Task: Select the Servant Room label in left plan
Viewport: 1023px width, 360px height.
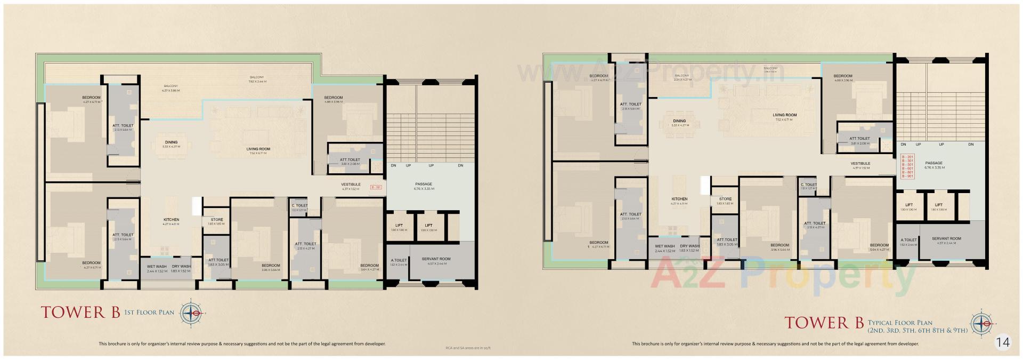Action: tap(436, 259)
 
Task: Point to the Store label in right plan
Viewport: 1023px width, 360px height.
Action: tap(725, 199)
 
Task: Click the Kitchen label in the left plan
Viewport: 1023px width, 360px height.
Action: tap(171, 220)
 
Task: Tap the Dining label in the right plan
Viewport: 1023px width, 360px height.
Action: tap(679, 121)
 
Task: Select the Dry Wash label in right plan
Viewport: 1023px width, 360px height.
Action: tap(689, 246)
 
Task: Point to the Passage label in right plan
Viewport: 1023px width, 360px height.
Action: tap(933, 163)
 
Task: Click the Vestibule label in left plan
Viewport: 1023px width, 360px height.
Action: tap(351, 184)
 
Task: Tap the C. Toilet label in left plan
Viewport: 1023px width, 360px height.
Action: tap(299, 205)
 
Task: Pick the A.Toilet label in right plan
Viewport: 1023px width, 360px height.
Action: tap(908, 240)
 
